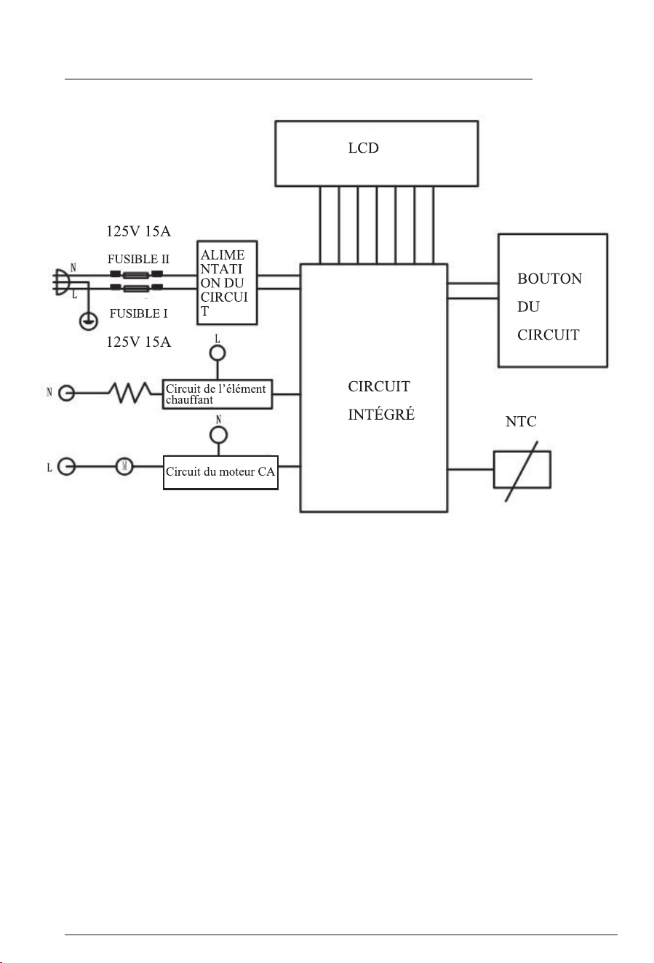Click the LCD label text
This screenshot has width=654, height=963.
(x=363, y=148)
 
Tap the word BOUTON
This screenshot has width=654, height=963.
(x=549, y=279)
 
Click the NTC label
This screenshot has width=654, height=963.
(x=521, y=421)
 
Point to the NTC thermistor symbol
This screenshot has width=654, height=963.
(x=522, y=470)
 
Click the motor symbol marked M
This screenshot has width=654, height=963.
(x=124, y=466)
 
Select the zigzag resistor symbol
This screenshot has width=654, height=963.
(x=129, y=393)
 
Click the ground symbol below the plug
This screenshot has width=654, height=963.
(x=89, y=321)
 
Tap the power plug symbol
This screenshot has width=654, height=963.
(x=60, y=281)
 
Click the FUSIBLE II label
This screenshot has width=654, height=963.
(x=138, y=259)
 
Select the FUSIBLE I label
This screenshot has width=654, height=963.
(x=138, y=313)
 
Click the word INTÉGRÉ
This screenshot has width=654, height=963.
(x=381, y=415)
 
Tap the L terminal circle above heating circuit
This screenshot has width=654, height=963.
(x=218, y=353)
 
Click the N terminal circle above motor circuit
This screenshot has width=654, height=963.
(x=218, y=435)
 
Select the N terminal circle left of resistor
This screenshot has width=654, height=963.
(x=66, y=393)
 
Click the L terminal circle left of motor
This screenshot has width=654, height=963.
(x=67, y=466)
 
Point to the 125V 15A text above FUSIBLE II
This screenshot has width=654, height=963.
(x=138, y=231)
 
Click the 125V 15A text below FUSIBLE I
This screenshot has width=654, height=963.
(x=138, y=342)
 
